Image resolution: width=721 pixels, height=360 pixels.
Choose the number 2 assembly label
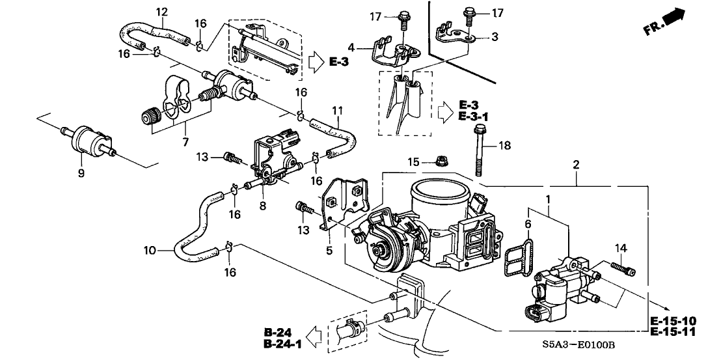pos(577,165)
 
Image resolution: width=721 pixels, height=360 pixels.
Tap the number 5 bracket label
pos(329,250)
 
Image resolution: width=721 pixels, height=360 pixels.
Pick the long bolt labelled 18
pos(479,150)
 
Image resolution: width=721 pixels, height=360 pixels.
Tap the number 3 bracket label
pos(495,37)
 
